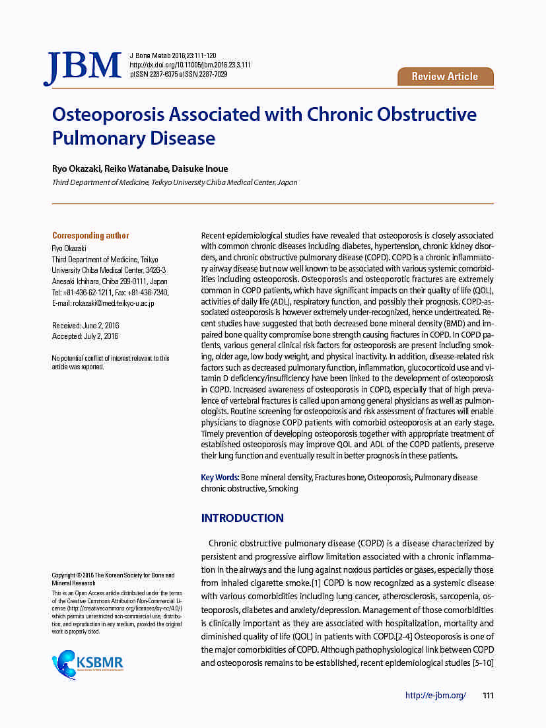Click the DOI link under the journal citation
tap(189, 65)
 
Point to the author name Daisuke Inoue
tap(201, 168)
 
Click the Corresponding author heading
tap(90, 235)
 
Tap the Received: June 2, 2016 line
tap(85, 326)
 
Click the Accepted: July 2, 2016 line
tap(85, 336)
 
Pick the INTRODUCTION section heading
tap(242, 518)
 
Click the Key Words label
tap(219, 477)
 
